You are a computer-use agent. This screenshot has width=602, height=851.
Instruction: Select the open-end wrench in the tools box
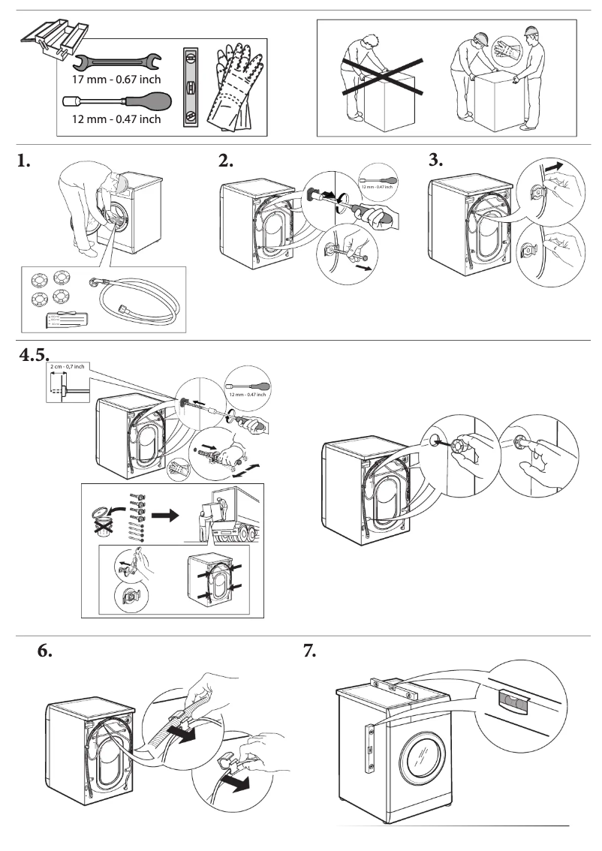(117, 59)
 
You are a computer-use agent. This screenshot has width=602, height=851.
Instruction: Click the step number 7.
(309, 651)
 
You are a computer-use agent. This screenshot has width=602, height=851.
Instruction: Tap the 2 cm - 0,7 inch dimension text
(67, 366)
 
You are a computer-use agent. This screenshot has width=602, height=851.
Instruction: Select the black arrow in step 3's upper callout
(555, 164)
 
